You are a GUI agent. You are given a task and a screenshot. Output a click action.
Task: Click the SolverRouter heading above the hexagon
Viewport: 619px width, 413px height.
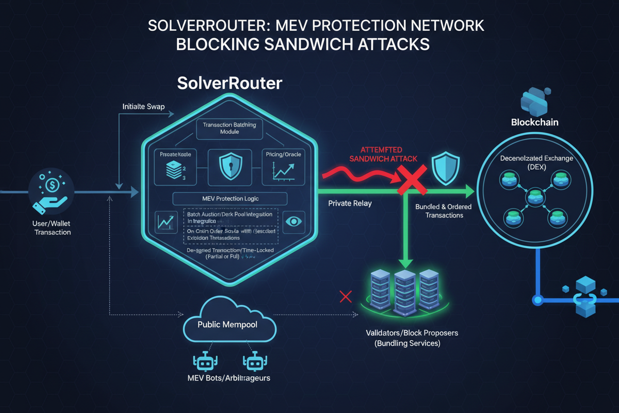point(230,83)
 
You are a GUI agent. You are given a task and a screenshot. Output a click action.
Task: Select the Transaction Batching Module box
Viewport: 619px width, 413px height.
point(229,128)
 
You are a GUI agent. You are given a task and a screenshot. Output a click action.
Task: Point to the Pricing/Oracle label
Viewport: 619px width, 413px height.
point(283,154)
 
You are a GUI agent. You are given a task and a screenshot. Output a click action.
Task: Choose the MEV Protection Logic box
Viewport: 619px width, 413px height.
point(230,199)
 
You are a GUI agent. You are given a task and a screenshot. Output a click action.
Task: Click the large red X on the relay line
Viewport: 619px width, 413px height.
point(412,181)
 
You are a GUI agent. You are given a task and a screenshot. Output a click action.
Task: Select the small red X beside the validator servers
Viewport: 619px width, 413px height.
point(346,297)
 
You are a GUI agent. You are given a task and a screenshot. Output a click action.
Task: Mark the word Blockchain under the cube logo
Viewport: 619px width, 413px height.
point(535,122)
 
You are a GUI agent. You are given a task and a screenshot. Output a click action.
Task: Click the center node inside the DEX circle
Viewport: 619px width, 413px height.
point(535,197)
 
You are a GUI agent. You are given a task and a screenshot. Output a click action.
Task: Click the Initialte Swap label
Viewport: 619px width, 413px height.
point(143,107)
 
